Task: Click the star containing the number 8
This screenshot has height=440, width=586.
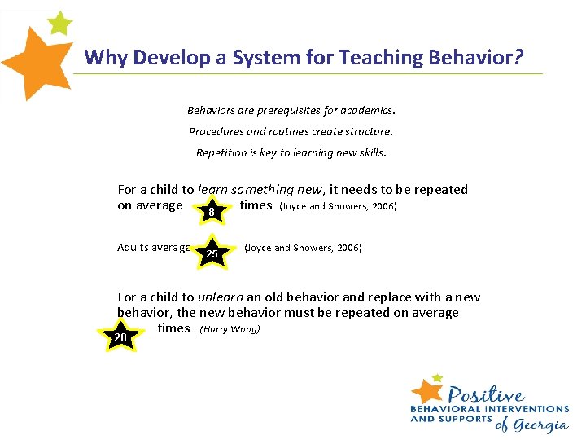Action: [212, 211]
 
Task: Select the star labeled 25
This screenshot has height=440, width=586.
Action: [212, 253]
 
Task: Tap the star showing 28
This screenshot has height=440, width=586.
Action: [120, 336]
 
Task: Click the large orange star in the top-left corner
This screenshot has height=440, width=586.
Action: [37, 62]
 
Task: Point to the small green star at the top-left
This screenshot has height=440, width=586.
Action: [59, 22]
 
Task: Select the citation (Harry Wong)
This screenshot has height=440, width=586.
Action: [230, 329]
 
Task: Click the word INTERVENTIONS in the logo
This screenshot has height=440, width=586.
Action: [525, 409]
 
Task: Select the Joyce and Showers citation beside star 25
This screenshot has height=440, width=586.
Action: [303, 248]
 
